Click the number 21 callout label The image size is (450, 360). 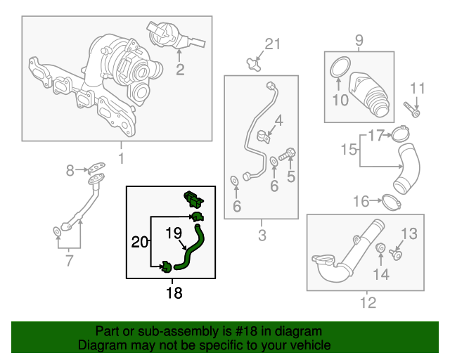click(272, 44)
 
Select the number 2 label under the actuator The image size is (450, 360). click(180, 69)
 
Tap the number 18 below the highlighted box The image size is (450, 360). click(174, 292)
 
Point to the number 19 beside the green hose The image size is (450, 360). click(174, 233)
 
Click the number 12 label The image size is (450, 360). click(368, 303)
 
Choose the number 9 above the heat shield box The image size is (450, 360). click(359, 40)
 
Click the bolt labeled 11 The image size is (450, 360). click(412, 110)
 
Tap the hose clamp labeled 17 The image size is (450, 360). click(400, 133)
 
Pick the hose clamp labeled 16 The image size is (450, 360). click(392, 202)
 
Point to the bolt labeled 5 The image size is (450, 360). click(289, 153)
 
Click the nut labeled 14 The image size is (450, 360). click(380, 247)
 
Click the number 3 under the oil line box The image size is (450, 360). click(262, 235)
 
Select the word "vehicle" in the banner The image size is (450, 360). click(311, 346)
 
